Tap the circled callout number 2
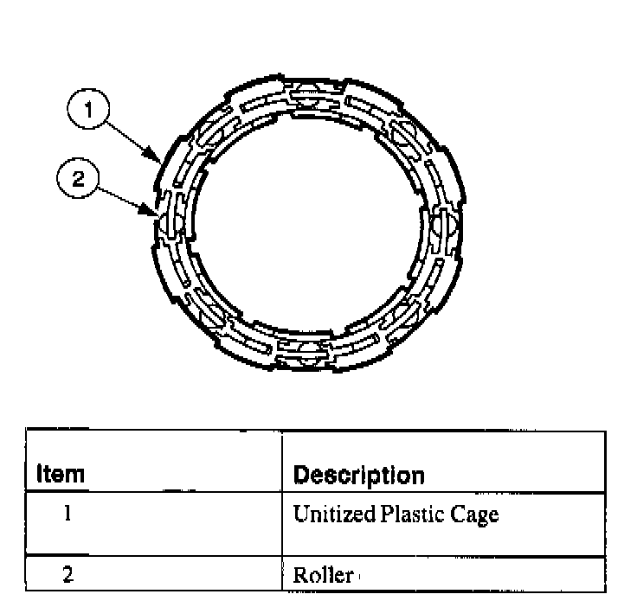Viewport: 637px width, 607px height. pyautogui.click(x=78, y=179)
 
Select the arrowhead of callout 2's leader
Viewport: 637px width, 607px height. pyautogui.click(x=155, y=211)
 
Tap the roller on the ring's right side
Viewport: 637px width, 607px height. pyautogui.click(x=449, y=226)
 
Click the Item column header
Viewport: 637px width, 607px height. pyautogui.click(x=61, y=475)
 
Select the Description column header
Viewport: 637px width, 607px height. pyautogui.click(x=359, y=476)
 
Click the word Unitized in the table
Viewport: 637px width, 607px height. pyautogui.click(x=333, y=514)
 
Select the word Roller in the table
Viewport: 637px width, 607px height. pyautogui.click(x=323, y=575)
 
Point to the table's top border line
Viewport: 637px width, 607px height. pyautogui.click(x=315, y=431)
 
